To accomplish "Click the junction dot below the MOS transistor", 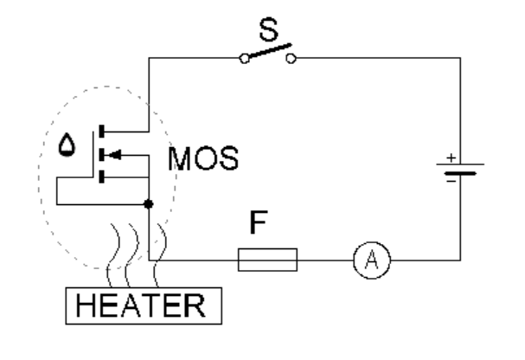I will pyautogui.click(x=149, y=205).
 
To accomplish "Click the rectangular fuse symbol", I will pyautogui.click(x=267, y=258).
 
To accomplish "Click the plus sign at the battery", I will pyautogui.click(x=450, y=159).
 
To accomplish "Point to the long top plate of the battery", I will pyautogui.click(x=460, y=165).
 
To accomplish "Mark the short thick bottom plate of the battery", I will pyautogui.click(x=460, y=172).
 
